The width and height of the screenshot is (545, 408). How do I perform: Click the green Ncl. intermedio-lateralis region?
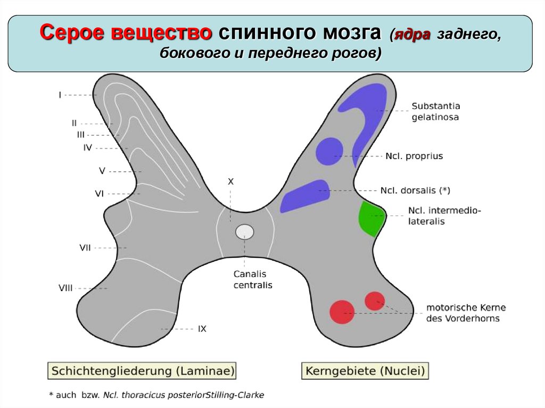(370, 219)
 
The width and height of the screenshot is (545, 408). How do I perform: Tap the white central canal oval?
(245, 231)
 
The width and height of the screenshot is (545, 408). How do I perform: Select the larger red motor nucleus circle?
(342, 312)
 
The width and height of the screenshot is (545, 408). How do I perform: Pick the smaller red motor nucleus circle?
(375, 301)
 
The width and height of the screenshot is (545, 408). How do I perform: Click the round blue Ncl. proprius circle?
(329, 151)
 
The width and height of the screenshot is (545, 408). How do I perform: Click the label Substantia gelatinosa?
(435, 111)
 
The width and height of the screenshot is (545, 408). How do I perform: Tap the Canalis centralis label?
(253, 279)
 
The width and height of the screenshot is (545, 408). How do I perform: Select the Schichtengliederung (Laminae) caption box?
(142, 370)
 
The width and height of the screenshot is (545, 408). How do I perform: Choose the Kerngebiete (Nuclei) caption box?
(366, 370)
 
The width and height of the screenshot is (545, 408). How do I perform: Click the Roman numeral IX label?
(202, 329)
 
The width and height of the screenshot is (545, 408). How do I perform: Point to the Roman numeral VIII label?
(65, 288)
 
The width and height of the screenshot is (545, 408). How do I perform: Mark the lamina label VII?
(85, 247)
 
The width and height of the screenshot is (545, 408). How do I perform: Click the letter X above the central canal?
(231, 181)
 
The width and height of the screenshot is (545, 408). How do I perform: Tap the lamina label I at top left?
(60, 95)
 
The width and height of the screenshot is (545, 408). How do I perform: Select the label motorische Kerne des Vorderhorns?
(466, 313)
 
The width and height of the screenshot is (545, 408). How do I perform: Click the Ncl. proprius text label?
(414, 156)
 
